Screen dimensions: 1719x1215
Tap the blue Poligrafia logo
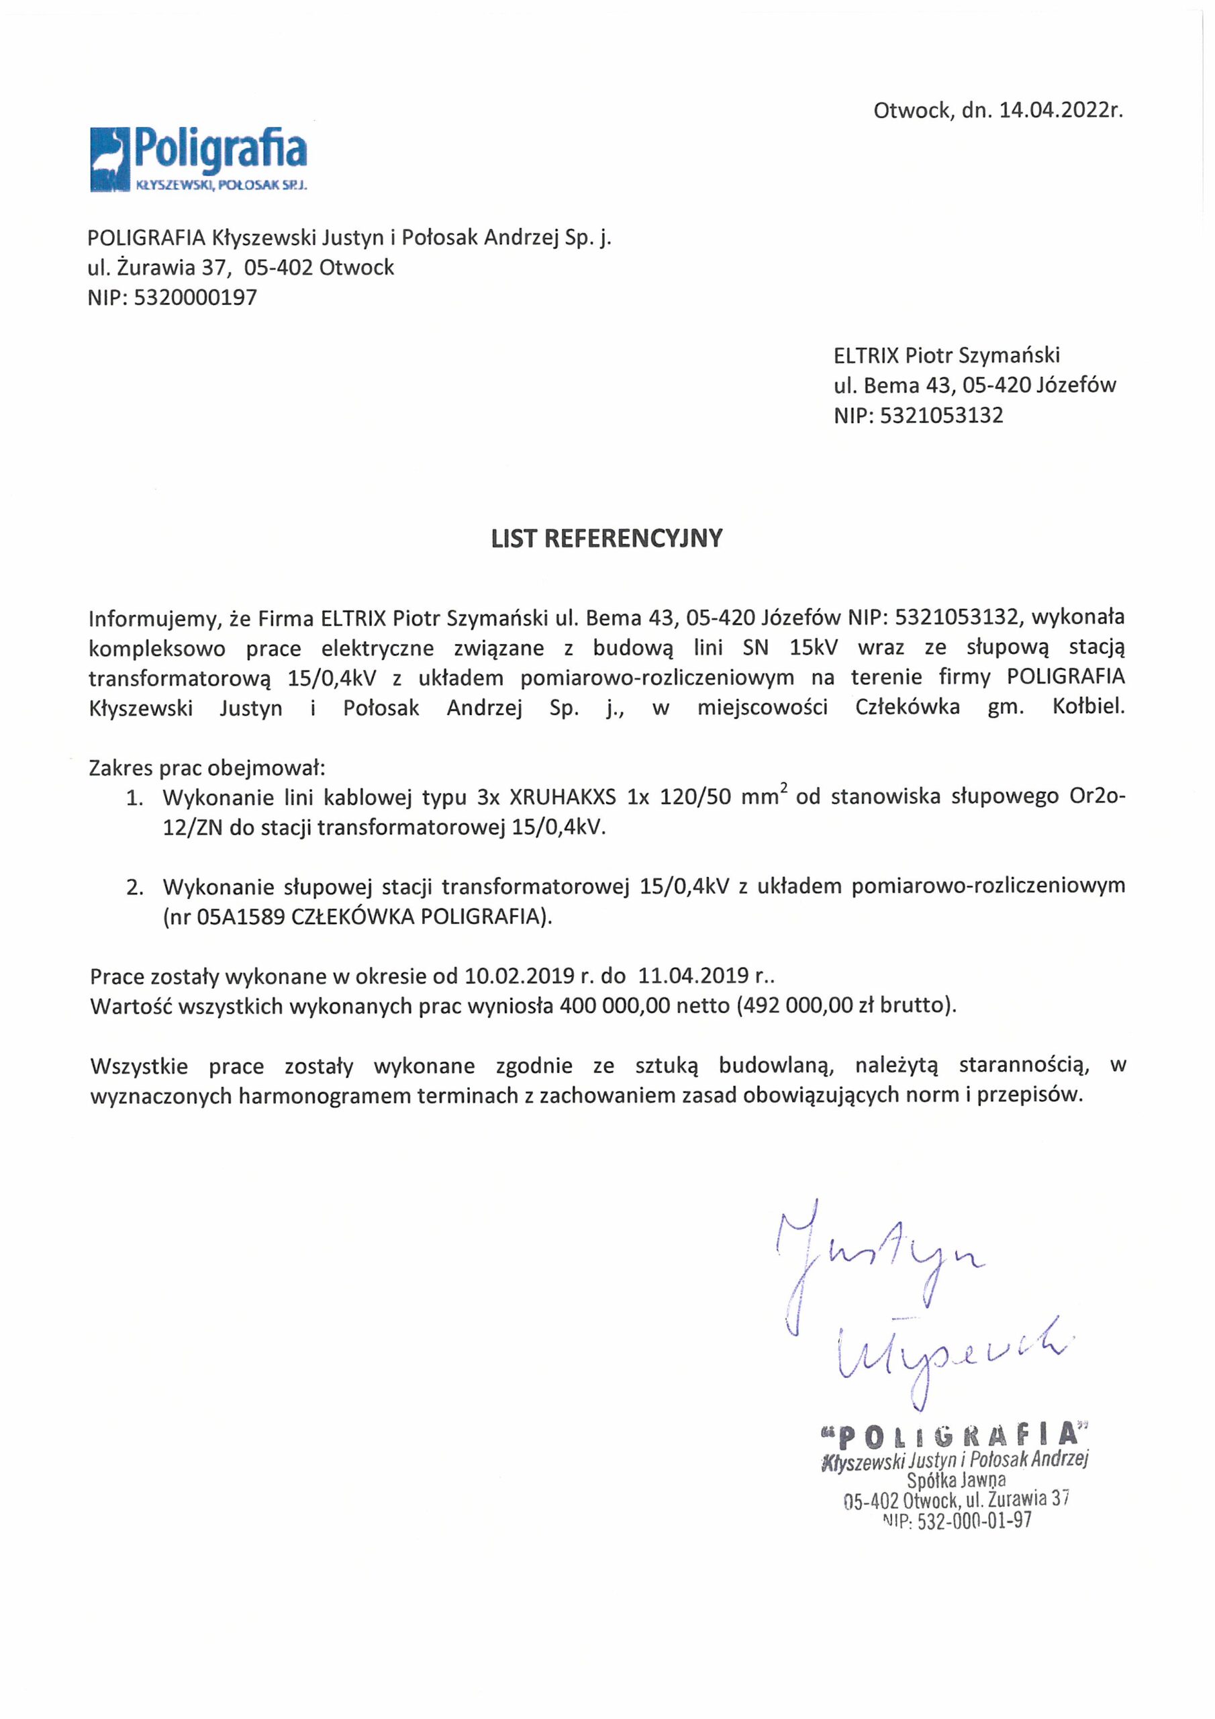click(x=199, y=159)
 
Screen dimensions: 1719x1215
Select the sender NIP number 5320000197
click(x=195, y=298)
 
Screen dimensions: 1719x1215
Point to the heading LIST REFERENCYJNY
click(x=606, y=539)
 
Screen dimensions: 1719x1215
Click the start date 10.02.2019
click(x=519, y=976)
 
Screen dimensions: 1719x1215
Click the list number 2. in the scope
click(x=135, y=888)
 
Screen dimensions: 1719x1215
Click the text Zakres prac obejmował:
click(x=207, y=768)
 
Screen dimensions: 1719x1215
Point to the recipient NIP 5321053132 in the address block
click(x=942, y=416)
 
